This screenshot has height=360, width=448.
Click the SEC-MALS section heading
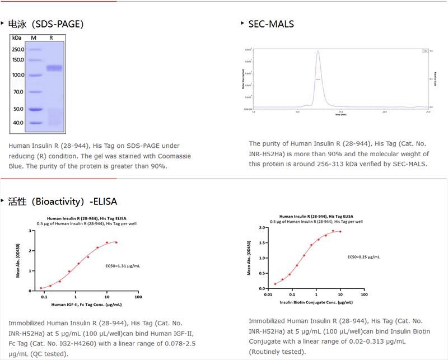(x=271, y=24)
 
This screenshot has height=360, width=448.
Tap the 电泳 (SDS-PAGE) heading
(x=45, y=24)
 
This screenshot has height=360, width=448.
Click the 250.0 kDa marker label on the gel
(x=18, y=49)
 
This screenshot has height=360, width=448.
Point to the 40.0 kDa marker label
(x=18, y=123)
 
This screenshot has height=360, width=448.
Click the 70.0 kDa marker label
(x=18, y=91)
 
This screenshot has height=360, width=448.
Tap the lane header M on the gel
(x=34, y=38)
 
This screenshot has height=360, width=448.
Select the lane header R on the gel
(x=51, y=38)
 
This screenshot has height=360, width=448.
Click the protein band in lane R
(x=54, y=68)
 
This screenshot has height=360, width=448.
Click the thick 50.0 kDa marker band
(x=34, y=109)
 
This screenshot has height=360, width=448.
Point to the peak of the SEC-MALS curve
(x=318, y=52)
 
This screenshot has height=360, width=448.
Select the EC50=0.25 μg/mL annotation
(x=363, y=257)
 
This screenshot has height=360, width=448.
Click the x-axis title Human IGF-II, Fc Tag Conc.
(x=86, y=305)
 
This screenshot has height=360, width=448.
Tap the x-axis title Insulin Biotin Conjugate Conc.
(x=316, y=302)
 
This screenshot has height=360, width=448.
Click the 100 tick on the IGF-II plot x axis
(x=138, y=297)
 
